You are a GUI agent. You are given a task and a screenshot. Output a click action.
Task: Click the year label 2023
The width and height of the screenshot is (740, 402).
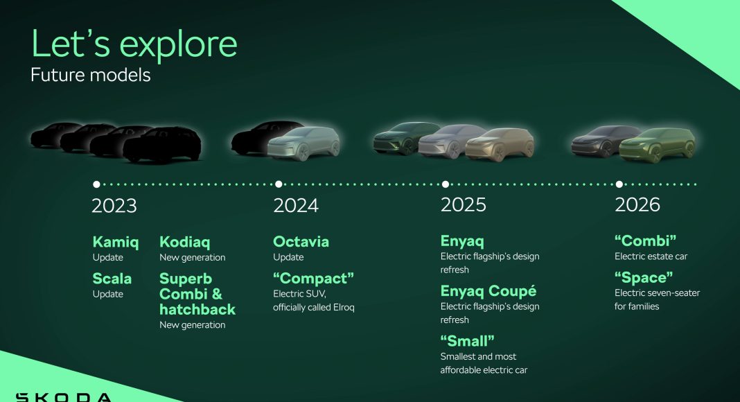[114, 206]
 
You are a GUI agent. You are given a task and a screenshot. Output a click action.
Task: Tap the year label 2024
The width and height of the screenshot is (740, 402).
[296, 206]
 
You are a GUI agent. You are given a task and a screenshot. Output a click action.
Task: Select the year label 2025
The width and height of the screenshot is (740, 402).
[463, 204]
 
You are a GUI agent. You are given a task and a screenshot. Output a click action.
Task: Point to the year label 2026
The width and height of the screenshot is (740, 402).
[637, 204]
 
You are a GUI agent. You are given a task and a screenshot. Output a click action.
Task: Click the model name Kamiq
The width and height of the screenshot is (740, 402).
[116, 242]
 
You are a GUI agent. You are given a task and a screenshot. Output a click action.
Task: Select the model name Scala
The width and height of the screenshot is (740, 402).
[112, 279]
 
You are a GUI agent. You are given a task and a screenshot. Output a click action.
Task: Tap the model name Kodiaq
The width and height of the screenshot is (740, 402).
[184, 242]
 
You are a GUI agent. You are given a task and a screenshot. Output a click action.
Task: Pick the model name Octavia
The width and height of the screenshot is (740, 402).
[301, 242]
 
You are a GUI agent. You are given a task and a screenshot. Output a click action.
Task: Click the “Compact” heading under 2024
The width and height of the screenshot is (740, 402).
[313, 278]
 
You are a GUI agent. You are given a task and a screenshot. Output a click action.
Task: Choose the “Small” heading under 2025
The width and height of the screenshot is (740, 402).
[467, 341]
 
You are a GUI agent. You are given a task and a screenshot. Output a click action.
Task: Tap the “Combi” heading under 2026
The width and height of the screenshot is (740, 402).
[645, 241]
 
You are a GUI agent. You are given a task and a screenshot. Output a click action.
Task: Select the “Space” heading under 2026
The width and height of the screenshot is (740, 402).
[644, 277]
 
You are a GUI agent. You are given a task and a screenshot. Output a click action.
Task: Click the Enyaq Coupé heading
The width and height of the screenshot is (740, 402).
[488, 291]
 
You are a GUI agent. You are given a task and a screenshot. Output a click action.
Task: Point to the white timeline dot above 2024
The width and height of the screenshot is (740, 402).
[279, 184]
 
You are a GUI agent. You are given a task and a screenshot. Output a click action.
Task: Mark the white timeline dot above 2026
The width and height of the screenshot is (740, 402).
[619, 184]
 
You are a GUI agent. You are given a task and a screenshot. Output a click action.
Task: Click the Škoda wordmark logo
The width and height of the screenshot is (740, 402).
[64, 397]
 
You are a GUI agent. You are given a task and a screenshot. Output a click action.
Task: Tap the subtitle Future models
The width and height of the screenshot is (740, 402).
[91, 75]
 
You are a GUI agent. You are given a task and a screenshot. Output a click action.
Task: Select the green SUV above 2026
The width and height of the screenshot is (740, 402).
[658, 145]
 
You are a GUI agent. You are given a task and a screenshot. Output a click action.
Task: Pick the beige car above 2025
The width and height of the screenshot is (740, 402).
[500, 144]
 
